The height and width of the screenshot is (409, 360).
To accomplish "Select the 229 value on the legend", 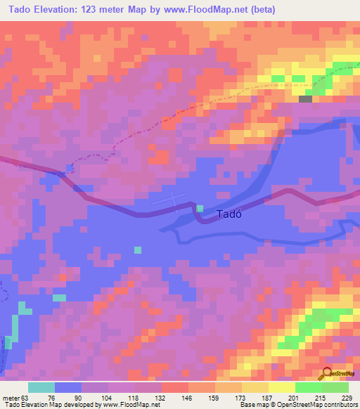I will click(346, 397).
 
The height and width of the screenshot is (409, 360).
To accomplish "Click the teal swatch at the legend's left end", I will click(41, 387).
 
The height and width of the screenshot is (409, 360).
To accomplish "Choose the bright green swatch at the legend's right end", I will click(335, 387).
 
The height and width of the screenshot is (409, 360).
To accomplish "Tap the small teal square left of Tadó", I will click(200, 209).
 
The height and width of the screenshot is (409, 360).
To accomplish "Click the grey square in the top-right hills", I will click(305, 99).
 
